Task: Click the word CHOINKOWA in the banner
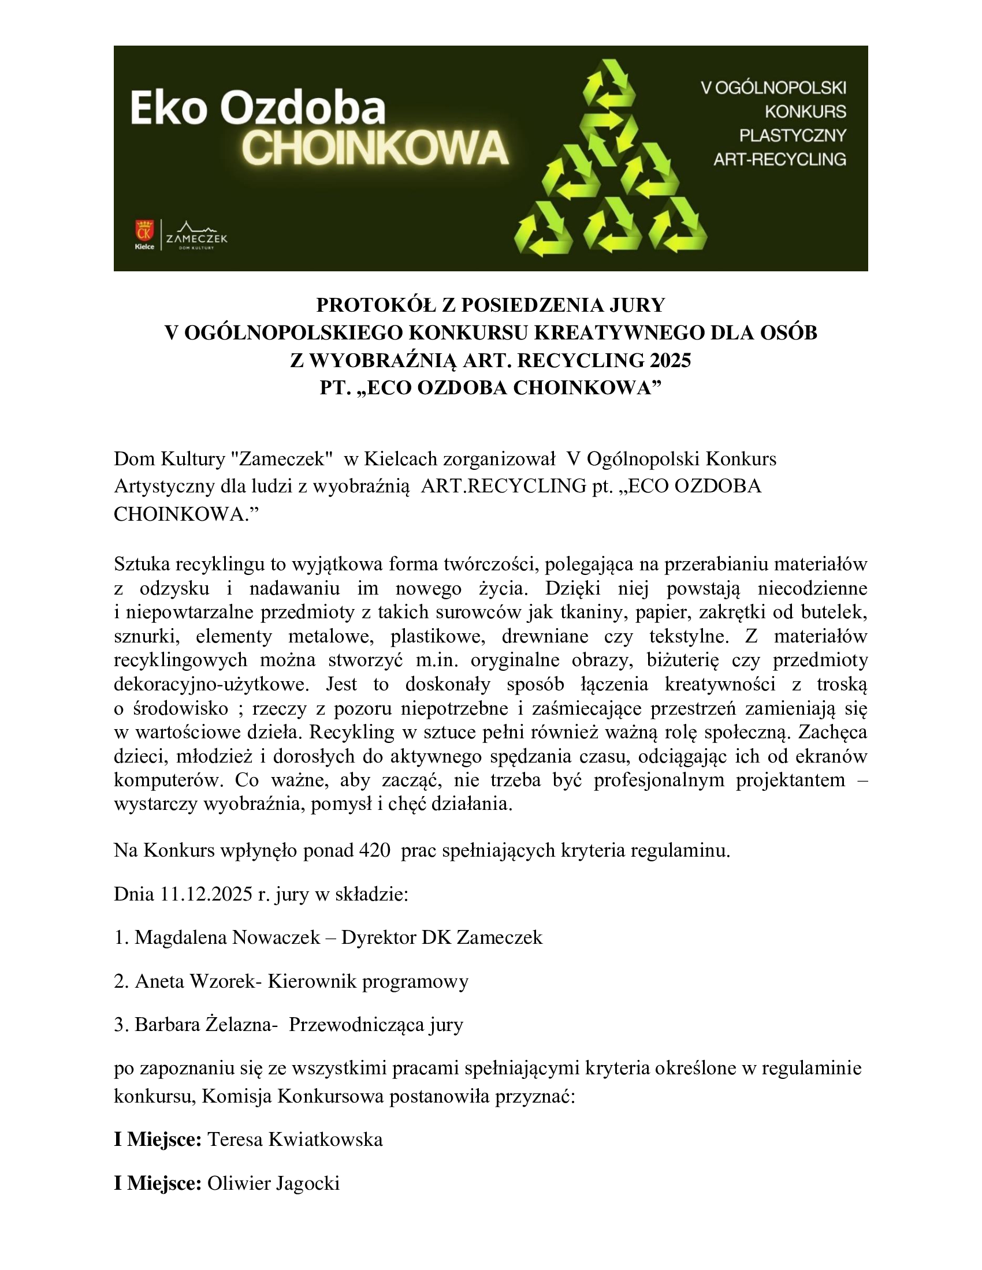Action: (375, 148)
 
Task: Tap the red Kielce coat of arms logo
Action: (144, 231)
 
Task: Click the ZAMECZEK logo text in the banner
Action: (196, 238)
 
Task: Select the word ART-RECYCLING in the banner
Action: (780, 159)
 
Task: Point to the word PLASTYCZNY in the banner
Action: (793, 136)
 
